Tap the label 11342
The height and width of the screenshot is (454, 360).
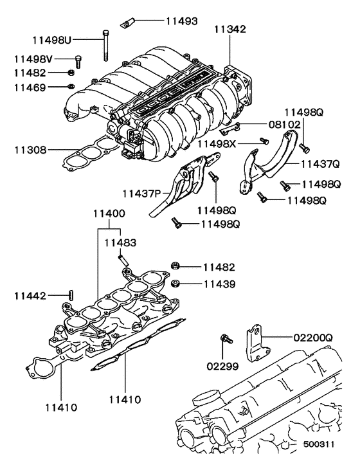coord(230,30)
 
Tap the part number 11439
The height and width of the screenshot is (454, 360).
coord(219,283)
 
